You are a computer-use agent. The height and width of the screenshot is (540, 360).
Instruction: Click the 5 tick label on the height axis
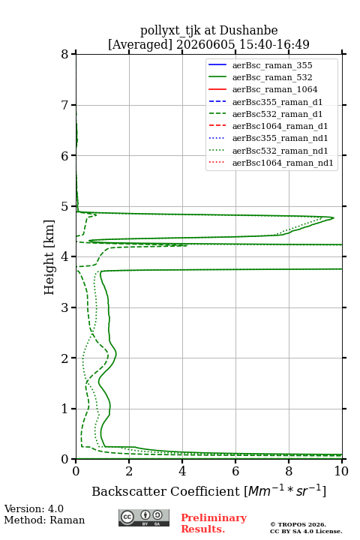(x=65, y=206)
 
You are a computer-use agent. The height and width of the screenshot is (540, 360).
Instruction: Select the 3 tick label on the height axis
(x=65, y=307)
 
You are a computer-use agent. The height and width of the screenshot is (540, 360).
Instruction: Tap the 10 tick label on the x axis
(x=341, y=471)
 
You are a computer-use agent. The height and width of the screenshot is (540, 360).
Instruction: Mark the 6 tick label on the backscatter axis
(x=235, y=471)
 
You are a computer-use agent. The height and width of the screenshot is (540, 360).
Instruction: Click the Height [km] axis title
(x=49, y=257)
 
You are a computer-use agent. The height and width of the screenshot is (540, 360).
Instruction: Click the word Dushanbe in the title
(x=248, y=30)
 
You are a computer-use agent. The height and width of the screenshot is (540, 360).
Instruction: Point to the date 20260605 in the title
(x=205, y=44)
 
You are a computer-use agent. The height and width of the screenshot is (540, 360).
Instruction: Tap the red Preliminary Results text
(x=214, y=523)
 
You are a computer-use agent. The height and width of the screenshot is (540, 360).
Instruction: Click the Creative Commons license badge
(x=144, y=517)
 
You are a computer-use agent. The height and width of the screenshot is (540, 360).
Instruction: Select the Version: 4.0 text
(x=34, y=508)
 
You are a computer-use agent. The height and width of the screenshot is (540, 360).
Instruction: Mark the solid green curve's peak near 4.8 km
(x=333, y=217)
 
